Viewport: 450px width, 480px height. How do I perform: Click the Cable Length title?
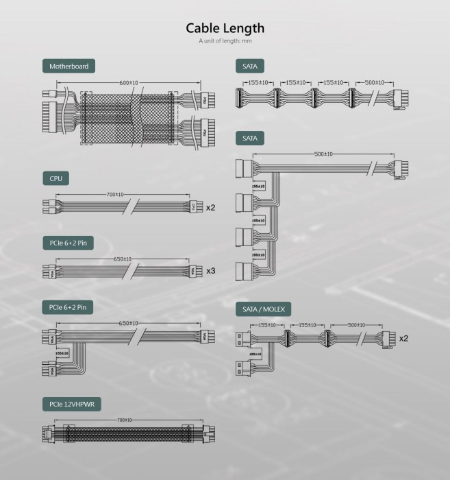(225, 28)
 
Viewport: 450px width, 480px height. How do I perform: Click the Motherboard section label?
(68, 67)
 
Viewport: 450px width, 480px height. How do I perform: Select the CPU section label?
(56, 178)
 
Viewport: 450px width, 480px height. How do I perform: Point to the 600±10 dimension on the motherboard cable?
(129, 83)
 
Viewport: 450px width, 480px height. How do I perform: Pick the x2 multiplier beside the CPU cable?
(211, 206)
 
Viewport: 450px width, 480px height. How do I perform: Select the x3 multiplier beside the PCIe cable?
(211, 271)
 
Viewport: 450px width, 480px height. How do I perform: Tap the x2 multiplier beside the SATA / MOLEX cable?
(403, 338)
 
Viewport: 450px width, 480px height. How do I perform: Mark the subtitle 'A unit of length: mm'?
(225, 41)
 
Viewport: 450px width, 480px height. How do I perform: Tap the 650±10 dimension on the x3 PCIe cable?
(123, 260)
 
